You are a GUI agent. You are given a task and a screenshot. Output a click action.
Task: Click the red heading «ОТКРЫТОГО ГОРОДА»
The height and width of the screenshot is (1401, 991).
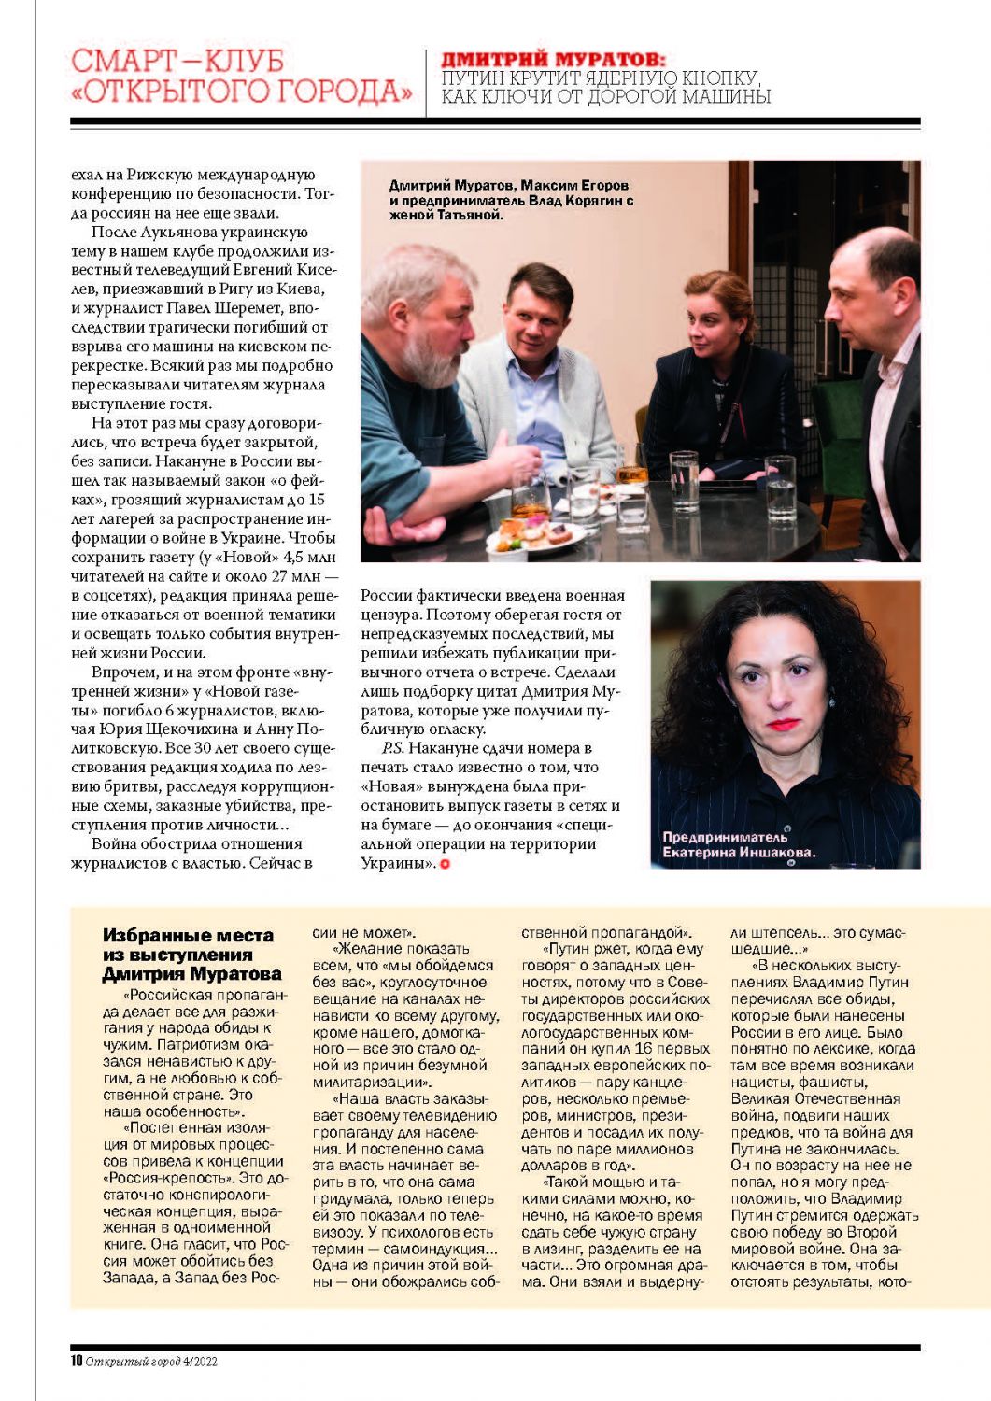tap(242, 92)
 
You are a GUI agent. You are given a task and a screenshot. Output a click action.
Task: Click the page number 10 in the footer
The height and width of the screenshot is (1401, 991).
tap(77, 1361)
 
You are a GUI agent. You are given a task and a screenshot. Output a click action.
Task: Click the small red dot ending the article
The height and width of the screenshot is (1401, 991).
tap(445, 864)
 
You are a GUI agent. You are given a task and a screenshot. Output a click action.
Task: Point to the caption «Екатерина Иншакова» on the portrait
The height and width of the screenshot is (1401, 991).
tap(739, 852)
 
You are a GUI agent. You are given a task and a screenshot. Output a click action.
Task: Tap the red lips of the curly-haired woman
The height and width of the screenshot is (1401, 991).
tap(783, 724)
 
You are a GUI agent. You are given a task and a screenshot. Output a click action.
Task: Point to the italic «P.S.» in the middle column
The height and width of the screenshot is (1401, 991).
tap(392, 748)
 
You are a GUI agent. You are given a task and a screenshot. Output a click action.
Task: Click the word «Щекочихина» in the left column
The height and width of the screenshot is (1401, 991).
tap(191, 729)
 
